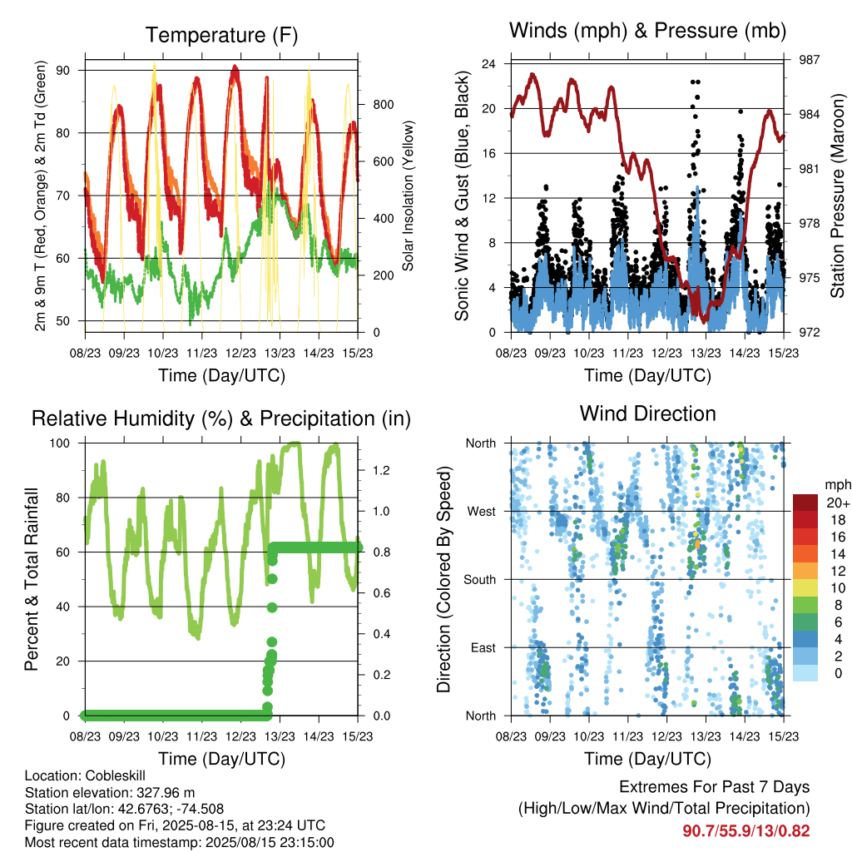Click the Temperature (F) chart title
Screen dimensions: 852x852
coord(221,35)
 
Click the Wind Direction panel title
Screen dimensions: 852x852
coord(647,414)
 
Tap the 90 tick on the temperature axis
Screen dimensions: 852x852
coord(62,71)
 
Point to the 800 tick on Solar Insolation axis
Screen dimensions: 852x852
coord(383,105)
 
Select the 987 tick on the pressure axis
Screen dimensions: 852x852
coord(809,60)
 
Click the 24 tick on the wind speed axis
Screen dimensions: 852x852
coord(488,64)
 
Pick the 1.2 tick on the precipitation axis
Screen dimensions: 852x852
coord(381,471)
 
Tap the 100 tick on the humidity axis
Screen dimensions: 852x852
coord(60,443)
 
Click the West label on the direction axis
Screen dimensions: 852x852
coord(482,512)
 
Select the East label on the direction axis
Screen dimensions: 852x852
coord(483,647)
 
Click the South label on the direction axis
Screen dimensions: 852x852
coord(480,580)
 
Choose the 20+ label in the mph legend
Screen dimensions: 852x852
coord(838,503)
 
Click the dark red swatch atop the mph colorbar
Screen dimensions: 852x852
coord(805,503)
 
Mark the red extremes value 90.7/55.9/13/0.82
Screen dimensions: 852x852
coord(746,831)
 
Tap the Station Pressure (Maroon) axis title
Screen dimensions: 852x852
coord(838,196)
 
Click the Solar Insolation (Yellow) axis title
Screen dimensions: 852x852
coord(408,196)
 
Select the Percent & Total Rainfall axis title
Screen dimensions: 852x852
coord(32,579)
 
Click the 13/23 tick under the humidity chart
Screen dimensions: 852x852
coord(280,737)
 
